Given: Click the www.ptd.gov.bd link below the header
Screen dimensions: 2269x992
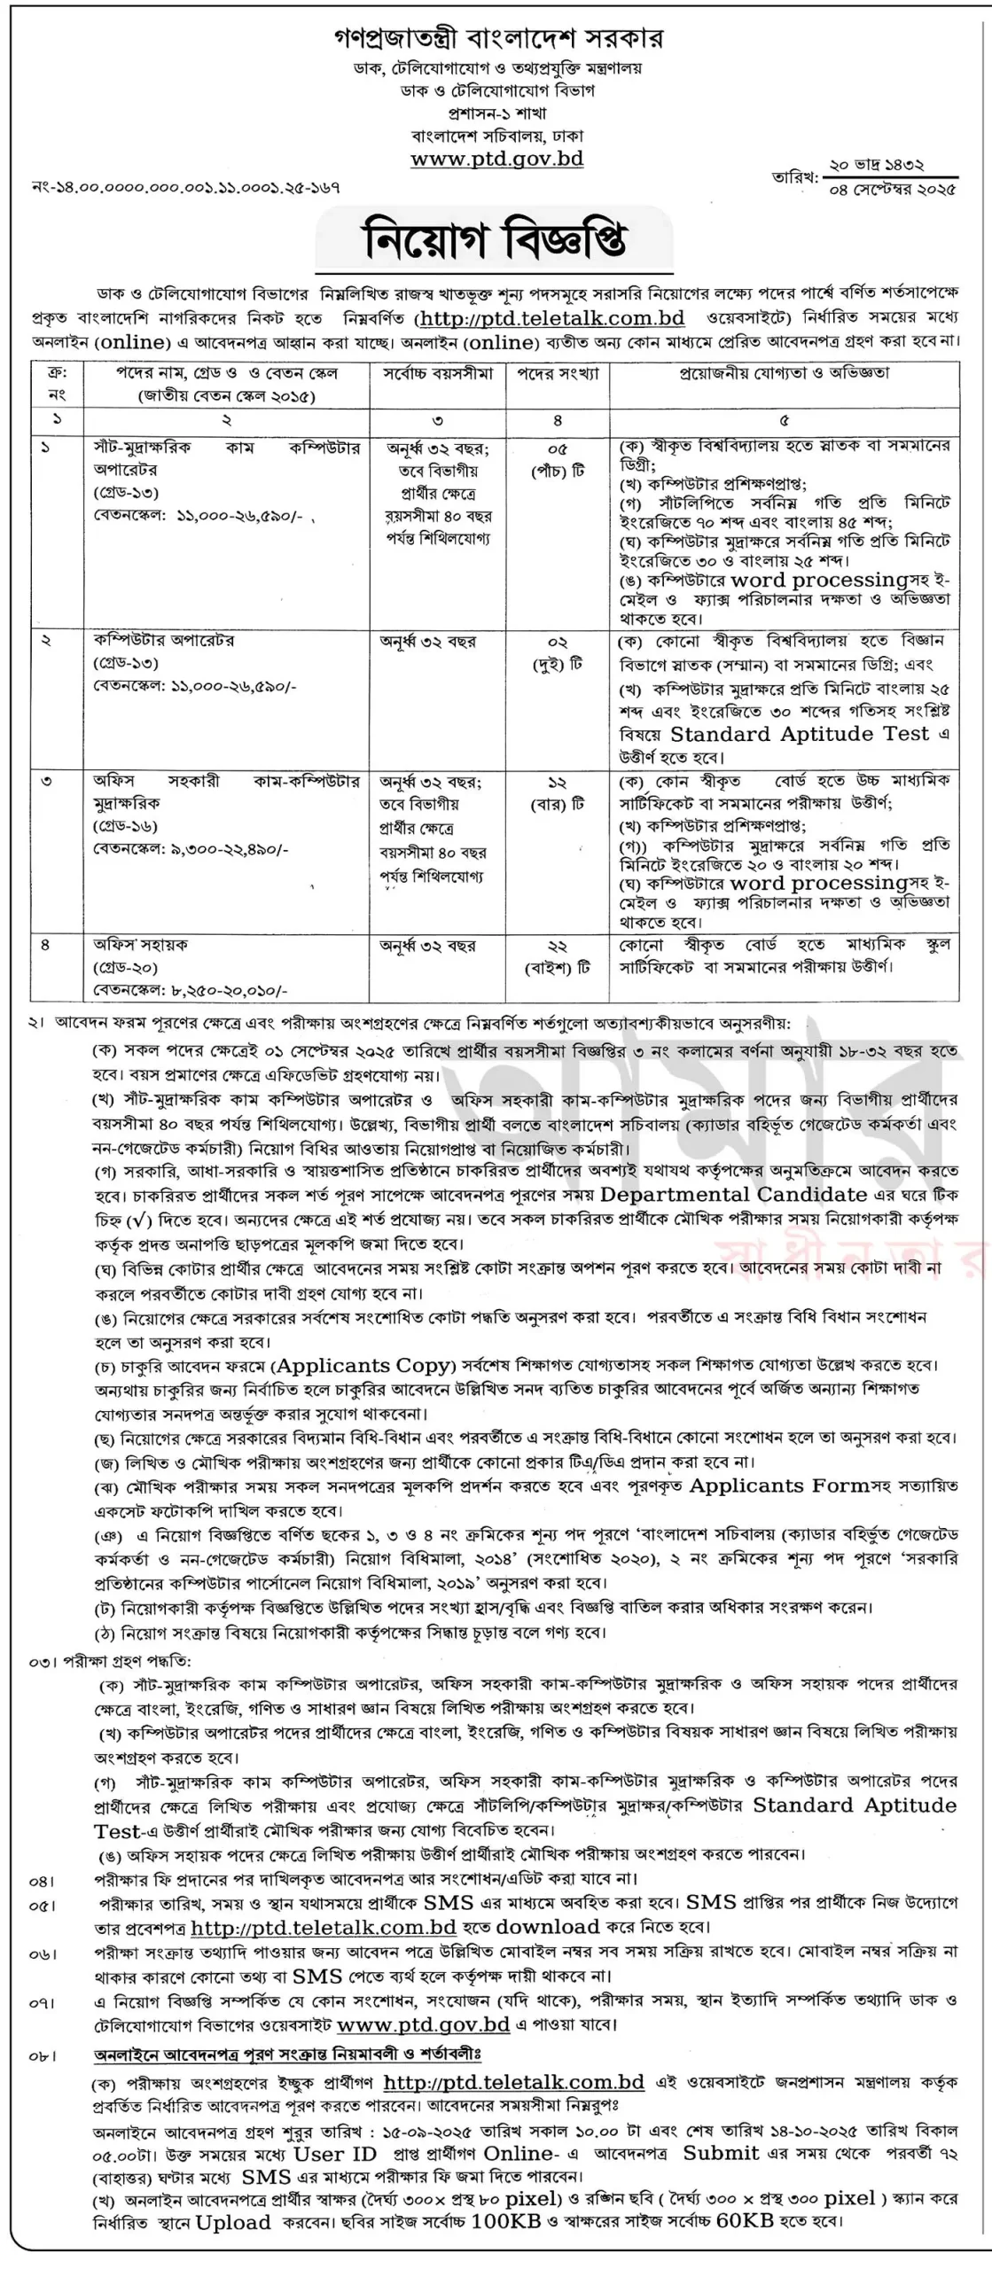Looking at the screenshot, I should tap(496, 160).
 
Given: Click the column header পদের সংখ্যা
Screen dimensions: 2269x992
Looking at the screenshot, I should tap(558, 374).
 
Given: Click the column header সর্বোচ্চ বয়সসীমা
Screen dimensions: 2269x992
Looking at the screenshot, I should tap(438, 374).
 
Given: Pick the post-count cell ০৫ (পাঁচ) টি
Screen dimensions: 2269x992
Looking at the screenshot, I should tap(558, 460).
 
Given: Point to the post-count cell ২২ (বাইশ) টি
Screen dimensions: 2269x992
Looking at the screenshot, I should tap(558, 956).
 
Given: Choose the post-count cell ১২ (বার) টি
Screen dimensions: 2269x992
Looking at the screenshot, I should tap(558, 792).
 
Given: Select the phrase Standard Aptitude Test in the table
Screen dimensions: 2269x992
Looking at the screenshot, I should tap(800, 734).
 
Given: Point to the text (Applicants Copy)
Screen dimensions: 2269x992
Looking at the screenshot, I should tap(363, 1365).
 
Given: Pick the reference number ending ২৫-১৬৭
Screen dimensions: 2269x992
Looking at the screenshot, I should tap(186, 188).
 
